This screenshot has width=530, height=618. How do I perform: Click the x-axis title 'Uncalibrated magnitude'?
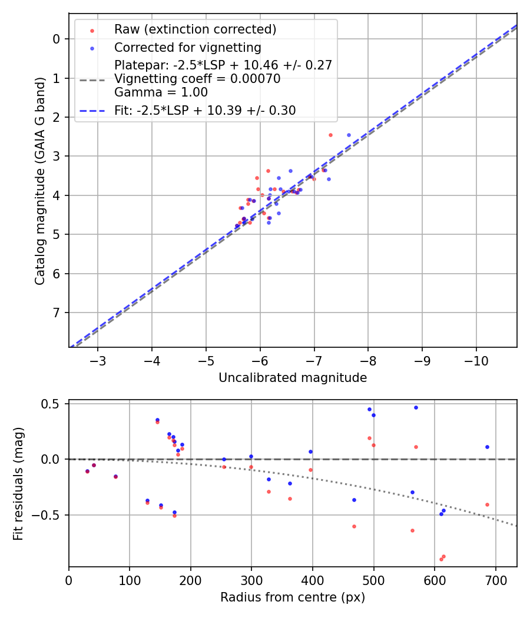(x=293, y=378)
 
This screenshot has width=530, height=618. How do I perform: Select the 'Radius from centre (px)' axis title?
(x=293, y=597)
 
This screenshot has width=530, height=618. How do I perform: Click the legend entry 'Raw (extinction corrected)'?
(x=196, y=29)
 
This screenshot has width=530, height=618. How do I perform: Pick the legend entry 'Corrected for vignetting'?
(x=188, y=47)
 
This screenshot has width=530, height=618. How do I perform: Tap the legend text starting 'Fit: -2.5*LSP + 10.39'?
(x=205, y=110)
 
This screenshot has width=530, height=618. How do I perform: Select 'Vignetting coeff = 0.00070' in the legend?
(x=197, y=78)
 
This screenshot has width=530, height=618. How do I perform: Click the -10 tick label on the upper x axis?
(x=476, y=360)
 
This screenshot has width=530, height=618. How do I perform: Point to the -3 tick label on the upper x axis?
(x=98, y=360)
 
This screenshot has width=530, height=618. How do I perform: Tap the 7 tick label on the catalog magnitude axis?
(x=57, y=313)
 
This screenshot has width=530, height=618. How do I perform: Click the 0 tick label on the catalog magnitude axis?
(x=57, y=39)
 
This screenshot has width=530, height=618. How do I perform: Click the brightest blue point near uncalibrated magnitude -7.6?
(x=349, y=135)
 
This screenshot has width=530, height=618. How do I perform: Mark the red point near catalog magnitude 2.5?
(x=330, y=135)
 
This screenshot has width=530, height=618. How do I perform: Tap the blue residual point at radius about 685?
(x=487, y=447)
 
